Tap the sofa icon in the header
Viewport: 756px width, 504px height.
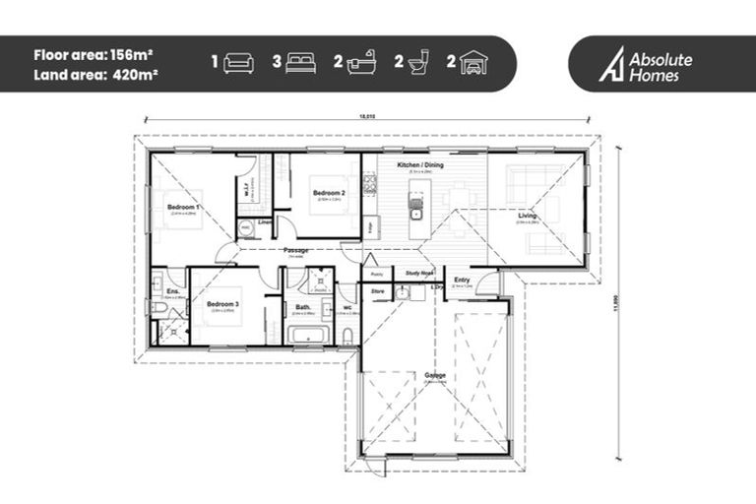click(x=238, y=64)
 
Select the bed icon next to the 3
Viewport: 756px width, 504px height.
click(x=301, y=64)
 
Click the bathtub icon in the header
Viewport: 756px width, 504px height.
click(x=362, y=64)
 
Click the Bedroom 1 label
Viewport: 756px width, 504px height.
click(x=183, y=208)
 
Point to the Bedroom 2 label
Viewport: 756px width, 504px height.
click(x=328, y=193)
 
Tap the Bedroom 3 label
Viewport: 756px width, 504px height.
click(x=222, y=304)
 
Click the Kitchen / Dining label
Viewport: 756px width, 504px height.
click(x=419, y=165)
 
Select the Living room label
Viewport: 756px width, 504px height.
click(x=529, y=216)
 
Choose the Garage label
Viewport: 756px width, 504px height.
click(x=434, y=375)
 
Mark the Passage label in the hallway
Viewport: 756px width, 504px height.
click(x=296, y=250)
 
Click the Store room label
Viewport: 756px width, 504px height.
click(x=376, y=291)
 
